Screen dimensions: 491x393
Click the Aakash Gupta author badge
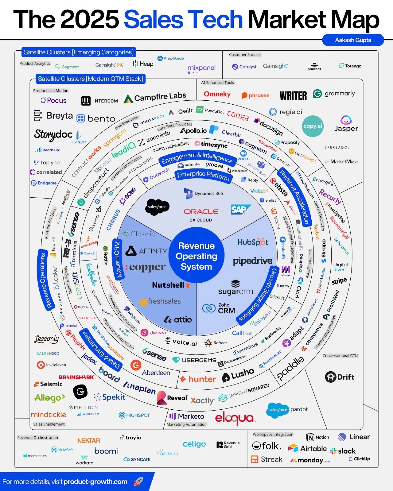(353, 40)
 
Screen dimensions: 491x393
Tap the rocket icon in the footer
(138, 481)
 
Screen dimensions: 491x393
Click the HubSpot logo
(253, 242)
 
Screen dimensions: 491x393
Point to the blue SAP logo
(240, 210)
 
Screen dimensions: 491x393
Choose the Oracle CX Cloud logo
(201, 215)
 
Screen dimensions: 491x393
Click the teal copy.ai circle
(313, 126)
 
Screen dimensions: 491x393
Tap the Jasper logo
(346, 124)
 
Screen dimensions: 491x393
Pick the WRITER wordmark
(293, 96)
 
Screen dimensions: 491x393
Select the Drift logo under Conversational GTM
(340, 377)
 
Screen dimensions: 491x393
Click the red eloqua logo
(235, 418)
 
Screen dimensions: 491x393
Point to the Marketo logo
(187, 416)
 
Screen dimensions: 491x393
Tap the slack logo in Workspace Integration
(343, 451)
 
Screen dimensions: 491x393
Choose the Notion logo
(318, 437)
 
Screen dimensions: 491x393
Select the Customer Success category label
(245, 55)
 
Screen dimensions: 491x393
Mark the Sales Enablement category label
(49, 424)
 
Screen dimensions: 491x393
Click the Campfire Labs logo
(155, 97)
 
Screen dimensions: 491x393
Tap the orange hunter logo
(198, 379)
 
